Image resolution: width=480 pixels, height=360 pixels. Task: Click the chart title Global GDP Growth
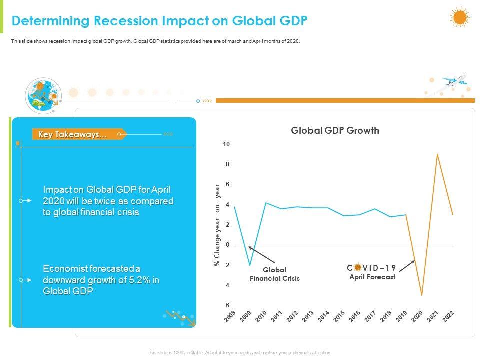click(x=335, y=131)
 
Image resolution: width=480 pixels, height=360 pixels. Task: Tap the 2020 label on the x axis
click(x=417, y=316)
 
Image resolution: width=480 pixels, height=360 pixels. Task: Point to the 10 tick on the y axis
click(x=226, y=144)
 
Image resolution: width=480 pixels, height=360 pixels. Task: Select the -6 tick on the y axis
click(x=226, y=305)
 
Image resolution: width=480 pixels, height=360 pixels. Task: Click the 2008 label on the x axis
click(x=230, y=316)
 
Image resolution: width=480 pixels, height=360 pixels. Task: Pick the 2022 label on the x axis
click(x=448, y=316)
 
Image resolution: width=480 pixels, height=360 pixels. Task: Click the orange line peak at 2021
click(x=437, y=154)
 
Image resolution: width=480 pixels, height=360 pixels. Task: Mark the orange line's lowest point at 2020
click(x=422, y=295)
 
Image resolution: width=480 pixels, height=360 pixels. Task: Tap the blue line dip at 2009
click(x=250, y=265)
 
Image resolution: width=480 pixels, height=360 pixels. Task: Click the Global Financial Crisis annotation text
click(x=275, y=274)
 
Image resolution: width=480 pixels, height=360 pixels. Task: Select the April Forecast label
click(x=372, y=277)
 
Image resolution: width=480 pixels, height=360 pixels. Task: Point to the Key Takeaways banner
click(x=73, y=134)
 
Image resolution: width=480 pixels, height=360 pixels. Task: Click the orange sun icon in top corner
click(x=460, y=17)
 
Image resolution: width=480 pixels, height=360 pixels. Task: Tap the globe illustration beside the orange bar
click(x=42, y=95)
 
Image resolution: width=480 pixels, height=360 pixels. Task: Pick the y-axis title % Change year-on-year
click(x=217, y=225)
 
